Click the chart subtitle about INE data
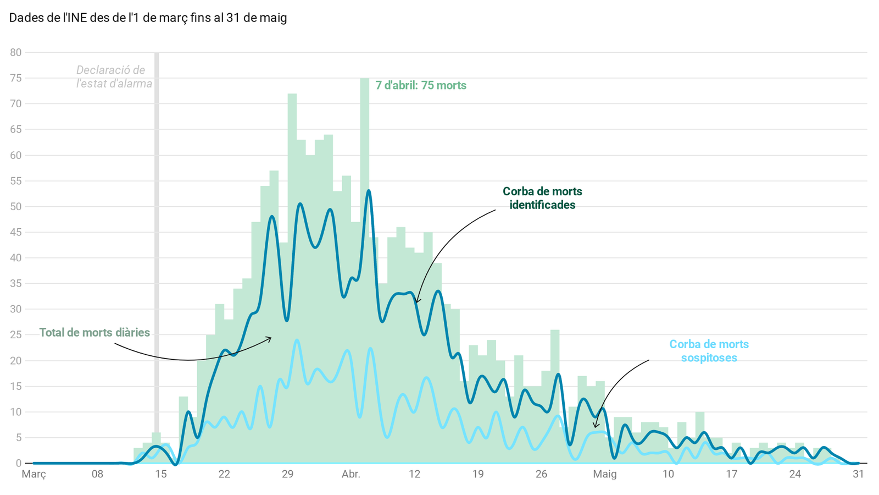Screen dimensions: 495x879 148,18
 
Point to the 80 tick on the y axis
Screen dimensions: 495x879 15,53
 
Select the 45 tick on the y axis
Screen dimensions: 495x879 15,232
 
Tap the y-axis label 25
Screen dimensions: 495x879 15,335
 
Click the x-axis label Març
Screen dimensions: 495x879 34,474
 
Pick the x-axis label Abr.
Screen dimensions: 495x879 351,474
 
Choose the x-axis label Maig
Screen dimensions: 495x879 605,474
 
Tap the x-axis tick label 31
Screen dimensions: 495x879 859,474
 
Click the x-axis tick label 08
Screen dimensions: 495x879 97,474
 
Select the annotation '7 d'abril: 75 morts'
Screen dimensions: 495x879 421,85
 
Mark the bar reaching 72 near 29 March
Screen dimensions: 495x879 292,165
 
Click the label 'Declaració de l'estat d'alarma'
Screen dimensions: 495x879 113,77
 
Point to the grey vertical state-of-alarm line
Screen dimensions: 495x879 157,220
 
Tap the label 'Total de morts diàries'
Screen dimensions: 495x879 94,333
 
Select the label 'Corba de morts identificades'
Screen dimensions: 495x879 542,198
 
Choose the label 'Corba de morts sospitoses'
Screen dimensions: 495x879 709,351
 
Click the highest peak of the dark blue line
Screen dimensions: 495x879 369,191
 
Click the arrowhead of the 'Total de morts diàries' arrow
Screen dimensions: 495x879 270,338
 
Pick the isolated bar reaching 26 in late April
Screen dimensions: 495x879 555,385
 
